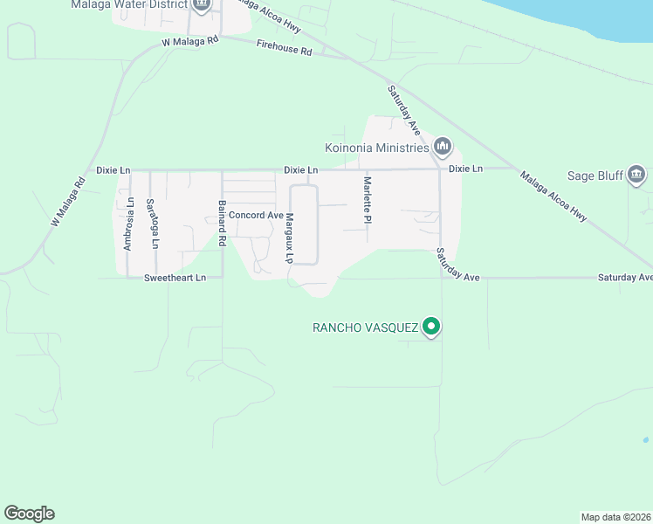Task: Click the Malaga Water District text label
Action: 130,4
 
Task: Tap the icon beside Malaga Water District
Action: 202,5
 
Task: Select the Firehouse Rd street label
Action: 284,52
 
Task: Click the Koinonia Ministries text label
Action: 376,147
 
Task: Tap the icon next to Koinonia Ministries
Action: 442,146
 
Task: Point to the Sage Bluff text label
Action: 595,175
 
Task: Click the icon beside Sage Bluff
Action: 636,175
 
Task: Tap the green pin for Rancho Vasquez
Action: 430,327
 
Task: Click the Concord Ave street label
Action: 256,215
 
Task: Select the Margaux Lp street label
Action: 288,238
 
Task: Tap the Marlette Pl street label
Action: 368,200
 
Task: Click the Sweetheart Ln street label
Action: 175,278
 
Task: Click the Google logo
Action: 29,514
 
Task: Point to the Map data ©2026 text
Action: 615,517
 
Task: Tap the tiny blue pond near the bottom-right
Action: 645,439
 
